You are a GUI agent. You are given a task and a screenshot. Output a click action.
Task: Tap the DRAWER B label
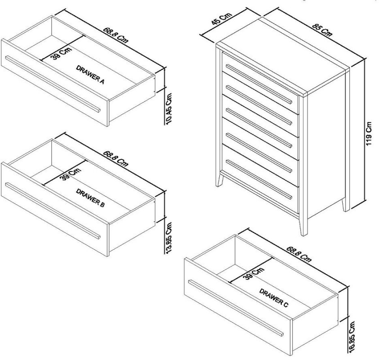[x=90, y=198]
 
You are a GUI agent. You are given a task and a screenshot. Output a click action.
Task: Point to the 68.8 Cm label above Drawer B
[x=116, y=158]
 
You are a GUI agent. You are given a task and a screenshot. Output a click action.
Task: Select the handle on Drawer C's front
[x=236, y=308]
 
